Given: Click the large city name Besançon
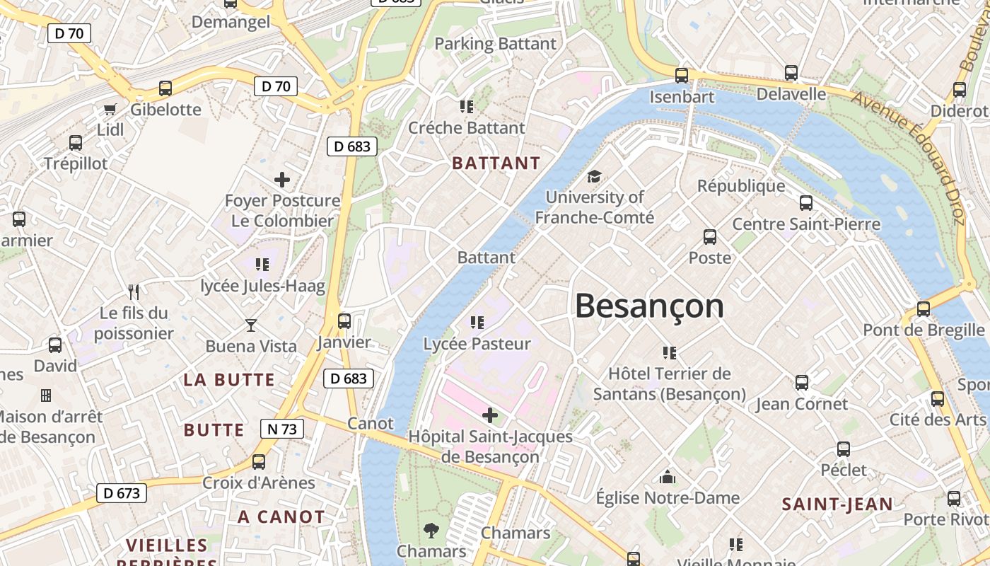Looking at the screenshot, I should click(649, 306).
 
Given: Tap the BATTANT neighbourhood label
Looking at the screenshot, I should click(496, 163).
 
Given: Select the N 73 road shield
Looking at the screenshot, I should click(282, 429).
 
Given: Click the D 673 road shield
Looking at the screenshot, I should click(121, 493).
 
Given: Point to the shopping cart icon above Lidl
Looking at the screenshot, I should click(110, 109).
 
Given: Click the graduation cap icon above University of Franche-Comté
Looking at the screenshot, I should click(594, 176).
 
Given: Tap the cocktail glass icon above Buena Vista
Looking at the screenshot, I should click(251, 325).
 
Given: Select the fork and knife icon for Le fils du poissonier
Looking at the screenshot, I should click(134, 291).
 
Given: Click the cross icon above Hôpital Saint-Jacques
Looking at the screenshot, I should click(489, 415).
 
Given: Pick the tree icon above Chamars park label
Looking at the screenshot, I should click(431, 530).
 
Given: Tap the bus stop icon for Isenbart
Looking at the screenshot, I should click(682, 75).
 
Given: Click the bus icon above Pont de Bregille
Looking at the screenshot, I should click(924, 309).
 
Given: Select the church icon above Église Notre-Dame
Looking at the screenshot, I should click(668, 478).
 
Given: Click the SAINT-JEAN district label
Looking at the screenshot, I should click(837, 504).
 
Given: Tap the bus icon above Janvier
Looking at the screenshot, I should click(344, 321).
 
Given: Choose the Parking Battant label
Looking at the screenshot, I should click(495, 44).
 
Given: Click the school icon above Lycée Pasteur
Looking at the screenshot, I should click(477, 323).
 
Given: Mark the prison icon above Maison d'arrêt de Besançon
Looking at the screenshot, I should click(46, 395).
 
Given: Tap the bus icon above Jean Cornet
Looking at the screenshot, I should click(802, 383).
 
